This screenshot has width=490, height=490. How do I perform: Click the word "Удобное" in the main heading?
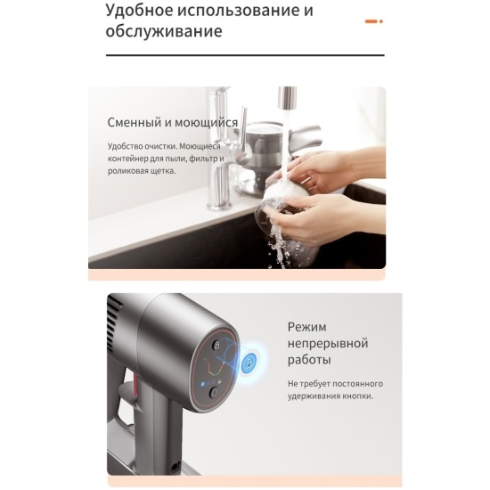pyautogui.click(x=139, y=10)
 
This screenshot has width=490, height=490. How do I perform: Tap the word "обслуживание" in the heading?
pyautogui.click(x=164, y=31)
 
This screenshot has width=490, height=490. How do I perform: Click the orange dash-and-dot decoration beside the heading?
pyautogui.click(x=374, y=21)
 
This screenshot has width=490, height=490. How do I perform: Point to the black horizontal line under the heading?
pyautogui.click(x=245, y=55)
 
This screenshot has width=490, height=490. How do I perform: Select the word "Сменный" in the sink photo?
pyautogui.click(x=135, y=122)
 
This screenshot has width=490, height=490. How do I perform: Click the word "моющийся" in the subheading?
pyautogui.click(x=206, y=123)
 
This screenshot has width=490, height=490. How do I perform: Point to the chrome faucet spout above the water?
pyautogui.click(x=287, y=97)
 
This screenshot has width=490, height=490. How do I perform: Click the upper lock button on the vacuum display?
pyautogui.click(x=216, y=346)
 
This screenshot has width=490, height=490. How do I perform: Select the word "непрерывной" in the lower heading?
pyautogui.click(x=328, y=343)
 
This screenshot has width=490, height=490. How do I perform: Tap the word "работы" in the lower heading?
pyautogui.click(x=309, y=360)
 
